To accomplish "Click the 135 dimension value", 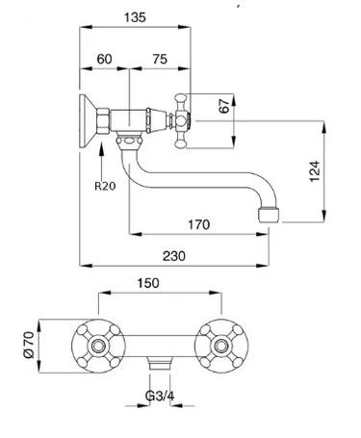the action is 135,17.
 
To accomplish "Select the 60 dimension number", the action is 105,59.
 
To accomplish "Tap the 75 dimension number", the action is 160,59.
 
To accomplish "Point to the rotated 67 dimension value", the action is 224,106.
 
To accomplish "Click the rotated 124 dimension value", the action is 315,171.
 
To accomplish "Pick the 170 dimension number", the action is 199,224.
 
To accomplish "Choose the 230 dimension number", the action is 174,256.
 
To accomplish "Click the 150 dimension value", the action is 148,283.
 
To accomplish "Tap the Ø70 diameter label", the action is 29,345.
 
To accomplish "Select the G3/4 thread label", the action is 160,396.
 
